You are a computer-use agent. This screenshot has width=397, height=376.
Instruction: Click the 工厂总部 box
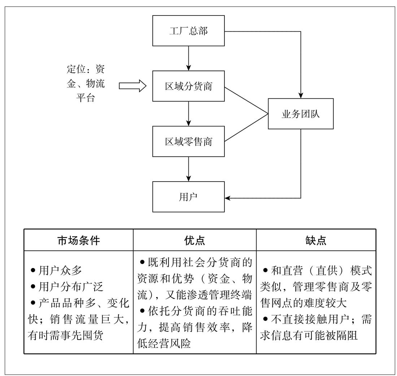click(x=188, y=31)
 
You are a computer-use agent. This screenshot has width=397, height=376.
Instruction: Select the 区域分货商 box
click(x=188, y=86)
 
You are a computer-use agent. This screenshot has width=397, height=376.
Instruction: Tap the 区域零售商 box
click(x=188, y=141)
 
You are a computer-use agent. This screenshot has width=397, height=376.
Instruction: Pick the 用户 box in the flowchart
click(x=188, y=197)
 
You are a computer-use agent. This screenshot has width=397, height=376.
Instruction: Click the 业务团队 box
click(x=300, y=114)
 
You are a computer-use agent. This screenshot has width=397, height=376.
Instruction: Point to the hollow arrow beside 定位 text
click(x=132, y=86)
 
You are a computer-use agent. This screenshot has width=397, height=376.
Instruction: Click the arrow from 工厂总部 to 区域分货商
click(x=188, y=58)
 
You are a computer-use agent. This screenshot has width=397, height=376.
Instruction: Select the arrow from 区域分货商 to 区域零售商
click(x=188, y=113)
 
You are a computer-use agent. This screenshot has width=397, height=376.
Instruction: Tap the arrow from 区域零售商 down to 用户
click(x=188, y=169)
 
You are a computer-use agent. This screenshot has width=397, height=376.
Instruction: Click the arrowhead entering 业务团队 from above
click(x=300, y=95)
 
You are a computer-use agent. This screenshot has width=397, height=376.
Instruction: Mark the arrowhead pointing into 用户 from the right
click(x=228, y=198)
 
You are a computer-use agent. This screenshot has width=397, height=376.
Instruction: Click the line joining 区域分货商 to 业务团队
click(x=246, y=100)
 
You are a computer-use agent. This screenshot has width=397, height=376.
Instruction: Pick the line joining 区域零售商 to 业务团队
click(x=246, y=127)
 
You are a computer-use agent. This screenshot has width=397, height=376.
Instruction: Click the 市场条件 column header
click(x=79, y=240)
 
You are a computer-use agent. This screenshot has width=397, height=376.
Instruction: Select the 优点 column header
click(x=195, y=240)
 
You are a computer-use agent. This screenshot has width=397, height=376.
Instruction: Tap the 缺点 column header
click(x=316, y=240)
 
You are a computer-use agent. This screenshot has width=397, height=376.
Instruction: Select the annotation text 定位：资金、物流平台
click(x=86, y=84)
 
